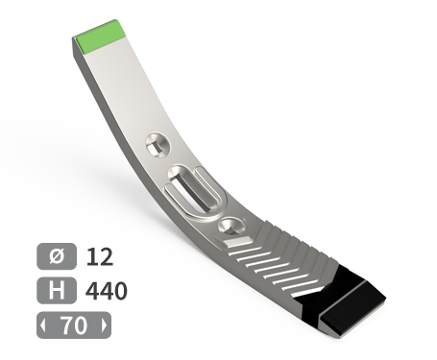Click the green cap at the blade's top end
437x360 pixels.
pos(99,36)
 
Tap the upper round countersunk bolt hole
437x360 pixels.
pos(158,145)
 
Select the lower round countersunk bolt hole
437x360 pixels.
pos(232,227)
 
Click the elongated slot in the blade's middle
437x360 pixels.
pos(192,189)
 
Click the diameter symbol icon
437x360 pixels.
pos(57,256)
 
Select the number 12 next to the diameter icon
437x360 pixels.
pos(100,256)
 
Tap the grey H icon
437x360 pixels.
pos(57,290)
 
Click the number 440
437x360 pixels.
pos(107,291)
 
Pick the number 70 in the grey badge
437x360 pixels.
pos(74,325)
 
